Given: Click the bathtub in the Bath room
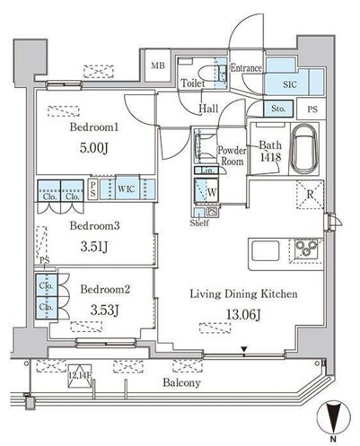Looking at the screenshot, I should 308,150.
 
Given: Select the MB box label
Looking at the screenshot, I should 158,66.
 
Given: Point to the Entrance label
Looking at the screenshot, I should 246,67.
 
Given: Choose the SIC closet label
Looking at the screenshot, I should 290,84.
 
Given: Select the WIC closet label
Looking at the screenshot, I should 125,189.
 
